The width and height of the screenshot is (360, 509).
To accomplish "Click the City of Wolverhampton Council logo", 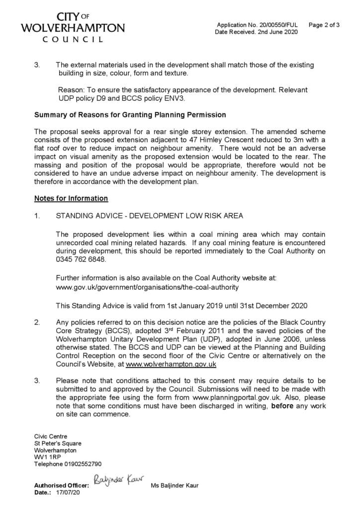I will tap(73, 27).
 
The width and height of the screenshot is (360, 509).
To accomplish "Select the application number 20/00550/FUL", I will tap(276, 25).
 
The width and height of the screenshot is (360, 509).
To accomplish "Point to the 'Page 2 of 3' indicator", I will tap(324, 25).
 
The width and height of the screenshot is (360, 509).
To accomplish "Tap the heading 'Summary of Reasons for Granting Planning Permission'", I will tap(130, 115).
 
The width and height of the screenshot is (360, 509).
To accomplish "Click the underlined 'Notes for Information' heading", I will tap(71, 198).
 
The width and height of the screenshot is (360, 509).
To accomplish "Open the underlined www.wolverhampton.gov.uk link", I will tap(171, 364).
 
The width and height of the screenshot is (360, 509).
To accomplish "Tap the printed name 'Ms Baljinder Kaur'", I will tap(174, 486).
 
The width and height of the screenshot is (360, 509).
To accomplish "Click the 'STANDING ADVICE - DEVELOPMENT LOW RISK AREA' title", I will tap(150, 216).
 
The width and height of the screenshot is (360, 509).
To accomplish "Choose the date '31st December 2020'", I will tap(277, 305).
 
